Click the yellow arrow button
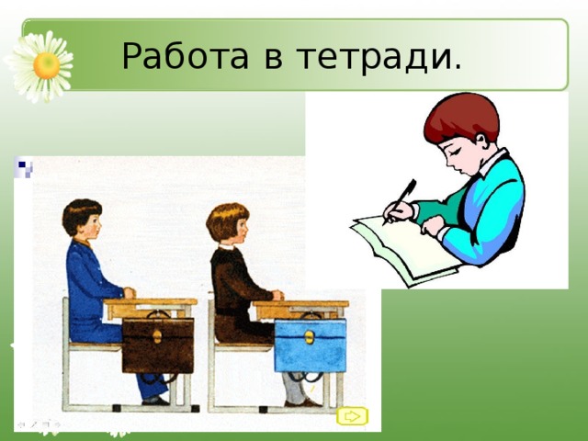coord(352,416)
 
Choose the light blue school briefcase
coord(310,344)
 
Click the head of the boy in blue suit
coord(81,219)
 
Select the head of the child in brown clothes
coord(228,223)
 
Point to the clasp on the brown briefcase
coord(156,334)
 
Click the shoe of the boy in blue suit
coord(156,400)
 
